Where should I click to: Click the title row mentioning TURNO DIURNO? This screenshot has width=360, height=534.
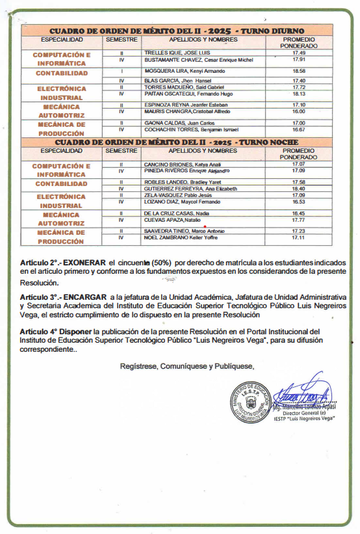[177, 31]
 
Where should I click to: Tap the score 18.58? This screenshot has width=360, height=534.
[299, 70]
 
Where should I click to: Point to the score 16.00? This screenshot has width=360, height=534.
[299, 111]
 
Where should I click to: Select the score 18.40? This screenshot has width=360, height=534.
[299, 189]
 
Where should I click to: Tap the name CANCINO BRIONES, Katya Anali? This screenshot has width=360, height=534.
[174, 164]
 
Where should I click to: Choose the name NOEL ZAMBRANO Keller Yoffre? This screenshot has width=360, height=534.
[175, 237]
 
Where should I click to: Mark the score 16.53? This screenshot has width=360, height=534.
[299, 202]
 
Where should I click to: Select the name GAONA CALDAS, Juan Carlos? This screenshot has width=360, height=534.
[170, 123]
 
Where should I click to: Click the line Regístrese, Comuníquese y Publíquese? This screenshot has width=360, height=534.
[187, 366]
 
